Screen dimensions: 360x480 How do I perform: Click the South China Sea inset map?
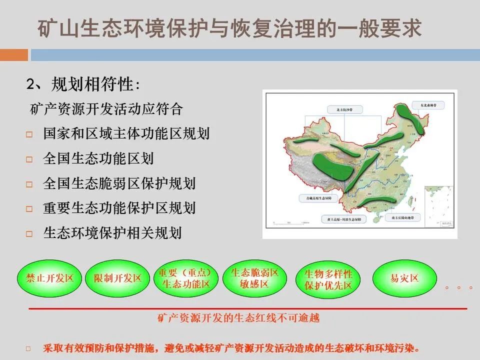438,205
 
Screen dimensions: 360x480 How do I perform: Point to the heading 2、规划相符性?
82,85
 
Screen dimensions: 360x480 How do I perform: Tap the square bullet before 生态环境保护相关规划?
29,233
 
